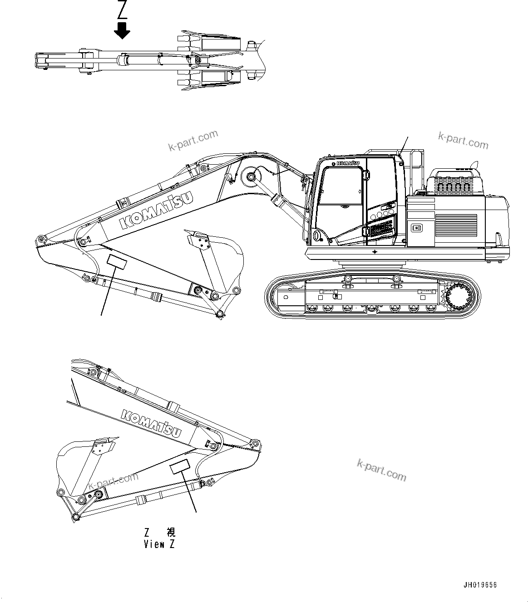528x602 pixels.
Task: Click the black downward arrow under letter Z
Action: [122, 31]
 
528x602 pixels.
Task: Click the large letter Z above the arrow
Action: [122, 9]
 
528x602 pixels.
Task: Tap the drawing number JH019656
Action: [480, 585]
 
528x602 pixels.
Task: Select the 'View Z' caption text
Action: [159, 544]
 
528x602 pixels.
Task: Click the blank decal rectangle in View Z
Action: [180, 466]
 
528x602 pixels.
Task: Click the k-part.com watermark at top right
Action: [463, 141]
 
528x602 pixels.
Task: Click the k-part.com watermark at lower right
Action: [381, 470]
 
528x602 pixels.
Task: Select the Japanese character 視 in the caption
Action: [170, 532]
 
